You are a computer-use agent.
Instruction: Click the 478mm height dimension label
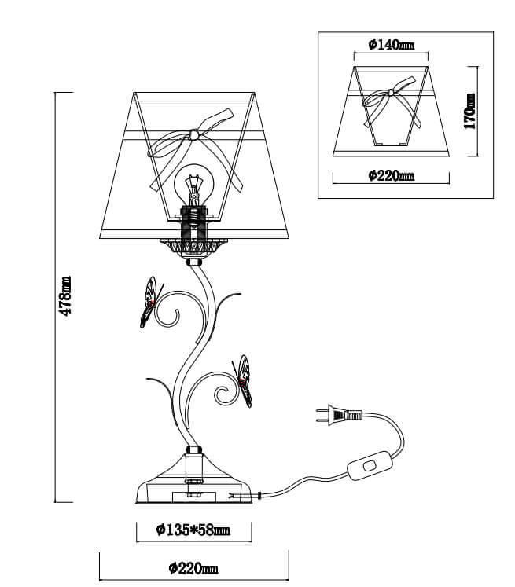(66, 296)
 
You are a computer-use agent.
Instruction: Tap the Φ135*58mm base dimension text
(193, 530)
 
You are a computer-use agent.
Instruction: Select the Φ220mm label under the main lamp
(193, 568)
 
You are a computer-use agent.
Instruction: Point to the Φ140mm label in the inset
(392, 45)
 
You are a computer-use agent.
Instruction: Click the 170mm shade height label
(469, 111)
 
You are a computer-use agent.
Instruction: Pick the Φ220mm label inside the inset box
(392, 175)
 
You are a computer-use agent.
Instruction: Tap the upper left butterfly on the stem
(150, 303)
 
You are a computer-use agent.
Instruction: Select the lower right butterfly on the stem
(243, 381)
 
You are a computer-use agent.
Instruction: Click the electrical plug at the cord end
(339, 415)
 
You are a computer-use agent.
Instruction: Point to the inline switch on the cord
(370, 465)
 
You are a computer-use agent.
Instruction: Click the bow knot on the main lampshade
(194, 134)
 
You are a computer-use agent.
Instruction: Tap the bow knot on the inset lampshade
(391, 93)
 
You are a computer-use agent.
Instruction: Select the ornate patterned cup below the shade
(193, 247)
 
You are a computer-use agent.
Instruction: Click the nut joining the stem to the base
(193, 450)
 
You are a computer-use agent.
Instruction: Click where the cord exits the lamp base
(259, 496)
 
